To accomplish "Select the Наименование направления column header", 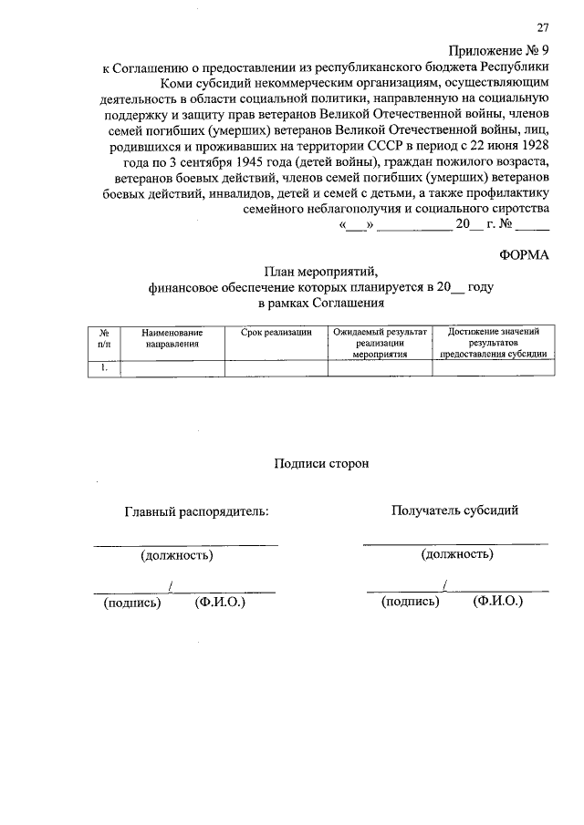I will [172, 338].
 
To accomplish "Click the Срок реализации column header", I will [276, 333].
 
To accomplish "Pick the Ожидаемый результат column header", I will [380, 343].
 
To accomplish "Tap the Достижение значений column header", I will [493, 343].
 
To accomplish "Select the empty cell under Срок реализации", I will [276, 369].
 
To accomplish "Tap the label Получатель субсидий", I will [454, 510].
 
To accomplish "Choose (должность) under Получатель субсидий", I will [457, 553].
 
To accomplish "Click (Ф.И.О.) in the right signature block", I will [498, 603].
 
